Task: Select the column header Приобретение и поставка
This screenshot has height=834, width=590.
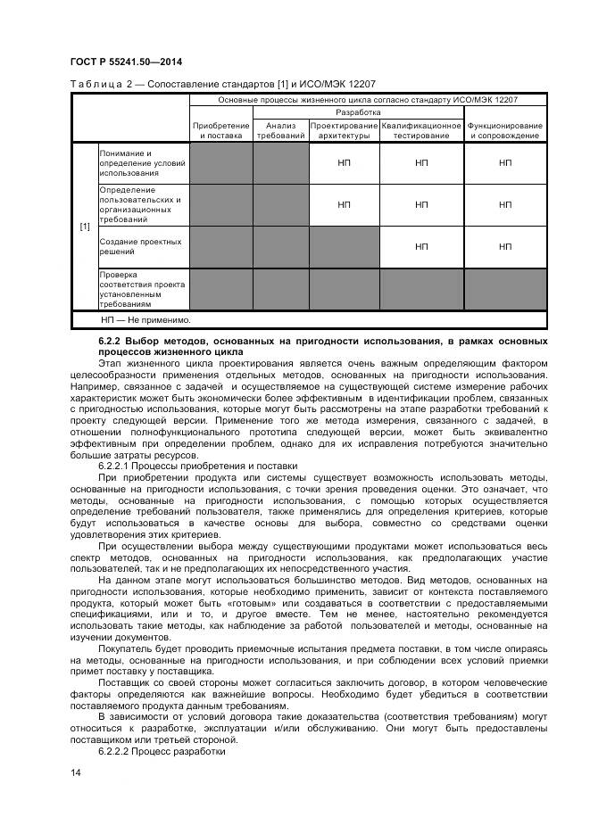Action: point(220,130)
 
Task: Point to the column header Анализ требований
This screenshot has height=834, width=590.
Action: point(280,130)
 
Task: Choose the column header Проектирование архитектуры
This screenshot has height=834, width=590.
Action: point(344,130)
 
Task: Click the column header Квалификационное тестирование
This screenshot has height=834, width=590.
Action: point(421,130)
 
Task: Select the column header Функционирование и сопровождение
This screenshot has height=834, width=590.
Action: point(505,130)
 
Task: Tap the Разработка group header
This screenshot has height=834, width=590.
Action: point(358,113)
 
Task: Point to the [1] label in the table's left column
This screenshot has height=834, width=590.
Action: point(85,227)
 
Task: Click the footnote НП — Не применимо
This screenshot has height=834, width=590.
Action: point(145,319)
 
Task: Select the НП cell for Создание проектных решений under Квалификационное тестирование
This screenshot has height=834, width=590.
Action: point(421,247)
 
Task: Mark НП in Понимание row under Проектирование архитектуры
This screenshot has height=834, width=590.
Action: point(344,163)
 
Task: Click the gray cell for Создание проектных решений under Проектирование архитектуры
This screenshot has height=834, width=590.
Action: point(344,247)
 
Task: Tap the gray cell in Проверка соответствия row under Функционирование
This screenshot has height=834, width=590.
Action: point(505,289)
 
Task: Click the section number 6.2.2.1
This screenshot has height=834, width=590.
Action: point(117,467)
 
